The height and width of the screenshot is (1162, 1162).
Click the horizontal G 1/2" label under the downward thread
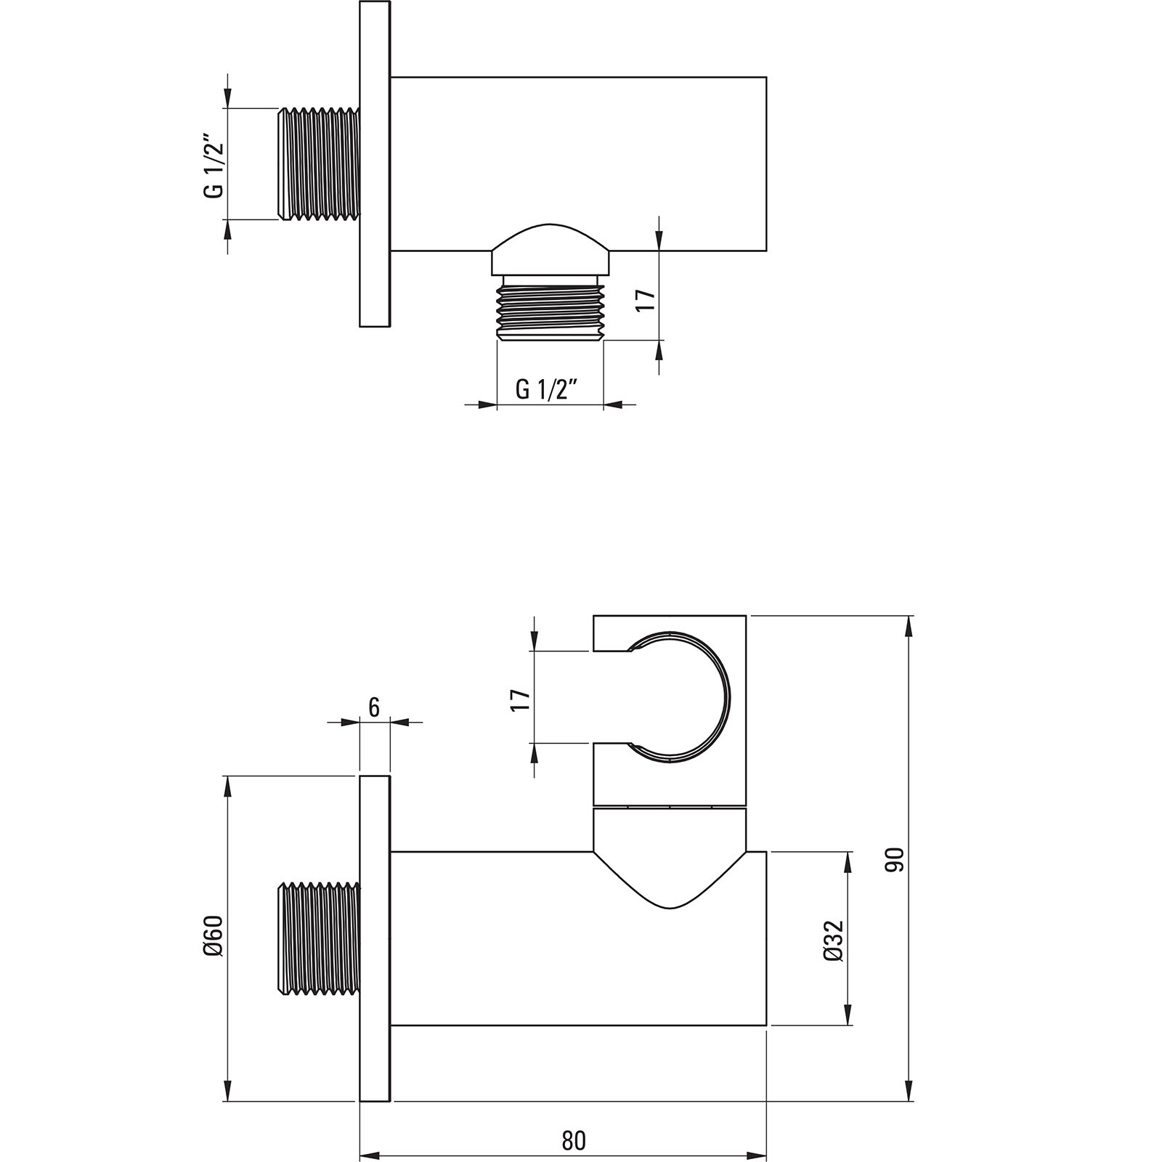[x=546, y=390]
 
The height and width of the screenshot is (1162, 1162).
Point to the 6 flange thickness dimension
[x=374, y=708]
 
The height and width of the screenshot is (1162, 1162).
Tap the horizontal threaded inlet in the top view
[x=320, y=163]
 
